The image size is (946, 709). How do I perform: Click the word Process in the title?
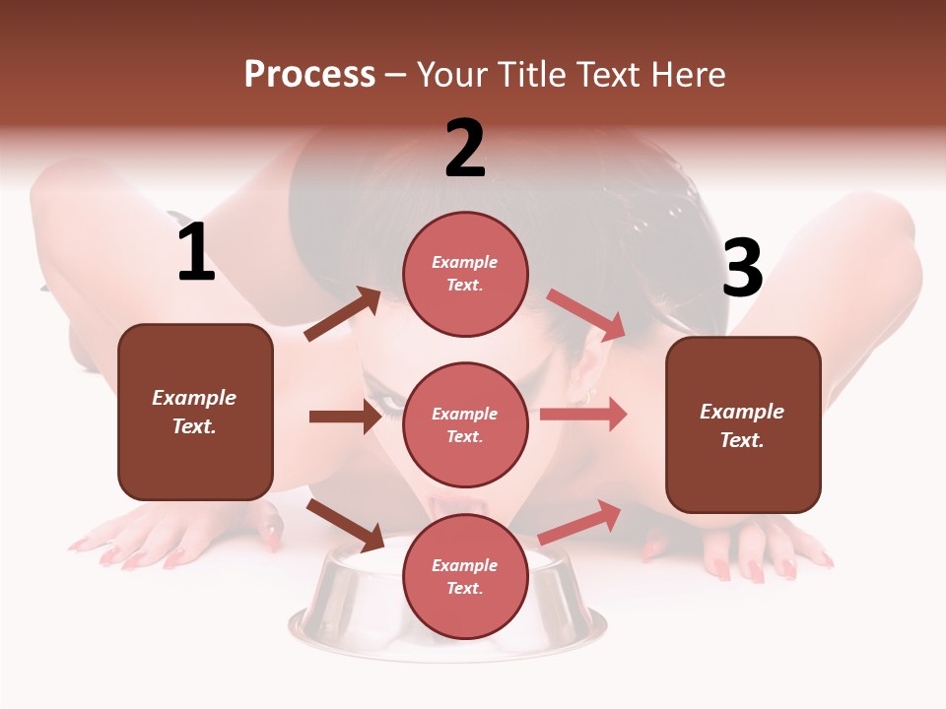[309, 75]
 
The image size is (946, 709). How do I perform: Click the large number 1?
[196, 253]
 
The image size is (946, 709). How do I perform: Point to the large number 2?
[465, 149]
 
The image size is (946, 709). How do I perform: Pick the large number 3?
[742, 269]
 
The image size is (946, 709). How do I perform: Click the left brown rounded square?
[195, 412]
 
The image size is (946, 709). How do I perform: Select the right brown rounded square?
[743, 425]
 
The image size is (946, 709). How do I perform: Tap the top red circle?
[465, 274]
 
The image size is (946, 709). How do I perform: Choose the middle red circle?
[465, 424]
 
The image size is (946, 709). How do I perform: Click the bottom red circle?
[465, 577]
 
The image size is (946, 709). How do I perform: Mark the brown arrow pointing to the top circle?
[343, 314]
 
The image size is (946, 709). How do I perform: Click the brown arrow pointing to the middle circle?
[345, 417]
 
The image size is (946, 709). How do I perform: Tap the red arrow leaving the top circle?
[586, 314]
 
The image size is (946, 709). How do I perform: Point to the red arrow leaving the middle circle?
[583, 414]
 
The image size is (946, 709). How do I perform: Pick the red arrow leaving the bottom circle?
[579, 522]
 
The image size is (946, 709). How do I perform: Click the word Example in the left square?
[194, 398]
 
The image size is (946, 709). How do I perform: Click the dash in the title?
[396, 76]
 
